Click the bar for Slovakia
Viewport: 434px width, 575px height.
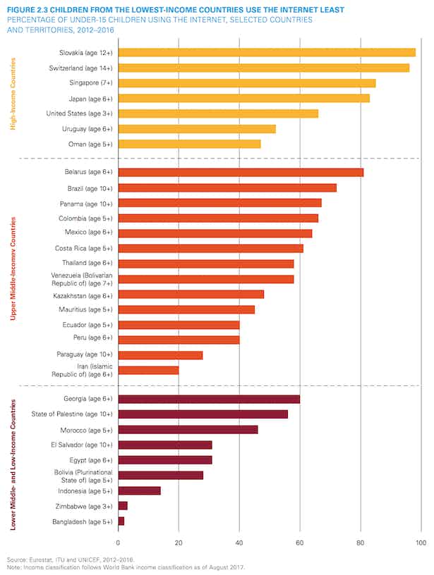tap(267, 52)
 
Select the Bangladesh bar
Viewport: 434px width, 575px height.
tap(121, 521)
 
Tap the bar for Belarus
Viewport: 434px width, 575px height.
tap(241, 172)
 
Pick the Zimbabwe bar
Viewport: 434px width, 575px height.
tap(123, 505)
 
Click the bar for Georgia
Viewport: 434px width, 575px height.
tap(209, 399)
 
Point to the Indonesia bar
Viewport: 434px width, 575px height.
tap(139, 490)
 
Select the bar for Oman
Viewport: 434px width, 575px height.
tap(189, 144)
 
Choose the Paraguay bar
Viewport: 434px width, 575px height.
tap(160, 354)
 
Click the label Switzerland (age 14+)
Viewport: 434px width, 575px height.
tap(78, 68)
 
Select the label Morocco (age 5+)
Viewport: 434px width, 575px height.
tap(84, 429)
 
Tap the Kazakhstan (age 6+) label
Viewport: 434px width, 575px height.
tap(80, 295)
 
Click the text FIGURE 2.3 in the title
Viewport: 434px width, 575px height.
tap(27, 8)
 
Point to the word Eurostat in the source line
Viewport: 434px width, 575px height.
tap(37, 557)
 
